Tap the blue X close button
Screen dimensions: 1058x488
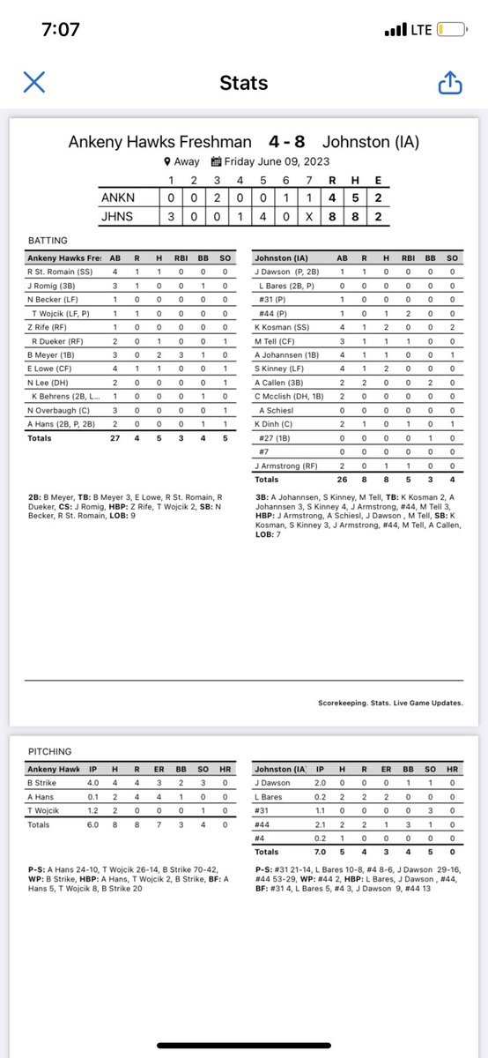tap(33, 83)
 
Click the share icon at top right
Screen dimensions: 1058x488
tap(450, 83)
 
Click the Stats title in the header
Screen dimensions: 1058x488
tap(243, 83)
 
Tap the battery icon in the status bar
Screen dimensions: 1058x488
tap(452, 30)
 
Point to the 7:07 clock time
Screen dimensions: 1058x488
tap(61, 30)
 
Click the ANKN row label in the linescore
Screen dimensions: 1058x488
tap(120, 198)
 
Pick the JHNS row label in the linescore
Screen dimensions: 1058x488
tap(120, 217)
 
